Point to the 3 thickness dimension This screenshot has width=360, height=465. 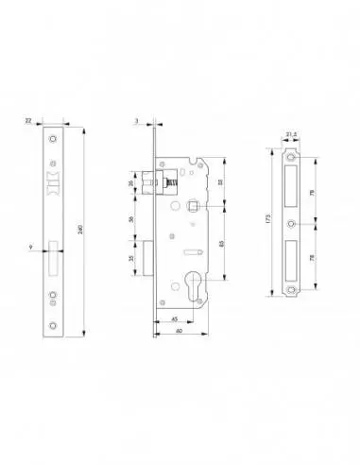click(x=136, y=121)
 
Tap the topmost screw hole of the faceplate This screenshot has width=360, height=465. click(x=54, y=139)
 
